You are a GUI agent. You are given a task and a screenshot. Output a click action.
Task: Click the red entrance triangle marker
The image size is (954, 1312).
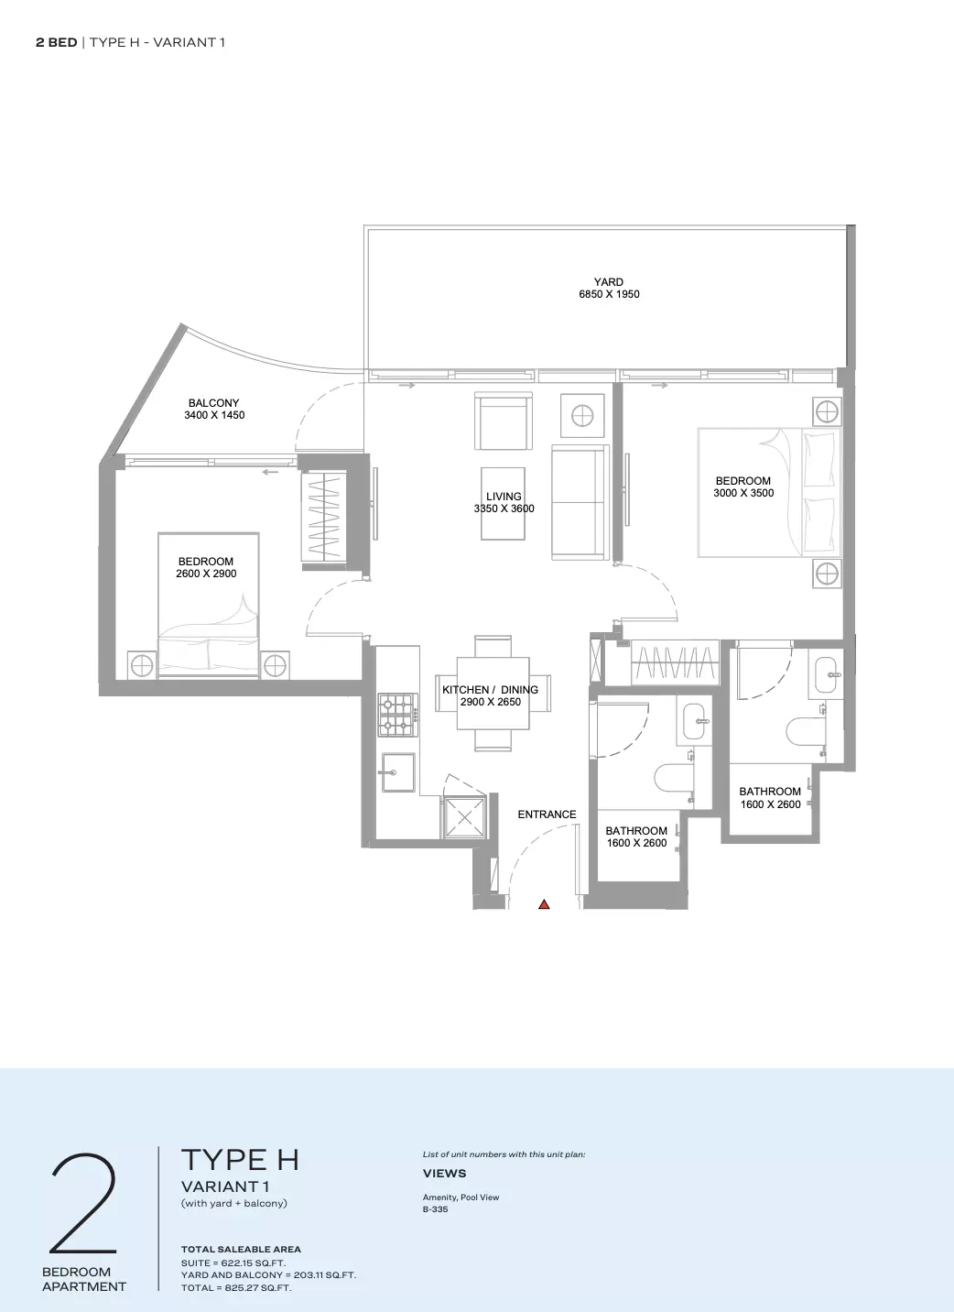point(544,904)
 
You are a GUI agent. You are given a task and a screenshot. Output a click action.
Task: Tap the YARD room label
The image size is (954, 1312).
point(609,281)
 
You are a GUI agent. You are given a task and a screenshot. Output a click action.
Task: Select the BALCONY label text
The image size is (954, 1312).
point(213,403)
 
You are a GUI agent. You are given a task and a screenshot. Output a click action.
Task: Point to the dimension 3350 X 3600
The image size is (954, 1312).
point(504,508)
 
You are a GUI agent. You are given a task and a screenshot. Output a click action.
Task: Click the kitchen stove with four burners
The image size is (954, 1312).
point(398,716)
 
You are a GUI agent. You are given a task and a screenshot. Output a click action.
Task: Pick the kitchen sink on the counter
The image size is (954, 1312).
point(398,772)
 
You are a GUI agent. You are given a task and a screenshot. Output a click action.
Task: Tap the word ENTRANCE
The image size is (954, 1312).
point(547,815)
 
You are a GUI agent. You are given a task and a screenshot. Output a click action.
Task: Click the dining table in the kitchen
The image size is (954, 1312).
point(493,693)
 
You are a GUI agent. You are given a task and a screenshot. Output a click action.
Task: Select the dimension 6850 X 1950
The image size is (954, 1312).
point(609,294)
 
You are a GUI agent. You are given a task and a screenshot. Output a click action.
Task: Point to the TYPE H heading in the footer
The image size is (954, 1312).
point(240,1159)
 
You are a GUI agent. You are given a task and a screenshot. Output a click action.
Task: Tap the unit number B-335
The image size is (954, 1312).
point(436,1208)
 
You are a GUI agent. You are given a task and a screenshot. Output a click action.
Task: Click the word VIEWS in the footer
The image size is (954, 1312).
point(445,1173)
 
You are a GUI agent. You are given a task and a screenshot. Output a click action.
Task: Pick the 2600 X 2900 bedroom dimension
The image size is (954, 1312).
point(206,574)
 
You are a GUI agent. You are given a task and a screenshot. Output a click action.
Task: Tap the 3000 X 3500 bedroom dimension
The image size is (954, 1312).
point(743,493)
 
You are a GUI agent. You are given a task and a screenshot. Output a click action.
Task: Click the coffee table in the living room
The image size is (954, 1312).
point(503,503)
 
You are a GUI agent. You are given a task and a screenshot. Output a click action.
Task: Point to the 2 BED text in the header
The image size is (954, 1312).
point(56,42)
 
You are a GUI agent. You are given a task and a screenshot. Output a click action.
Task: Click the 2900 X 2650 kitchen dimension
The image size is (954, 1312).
point(491,702)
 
